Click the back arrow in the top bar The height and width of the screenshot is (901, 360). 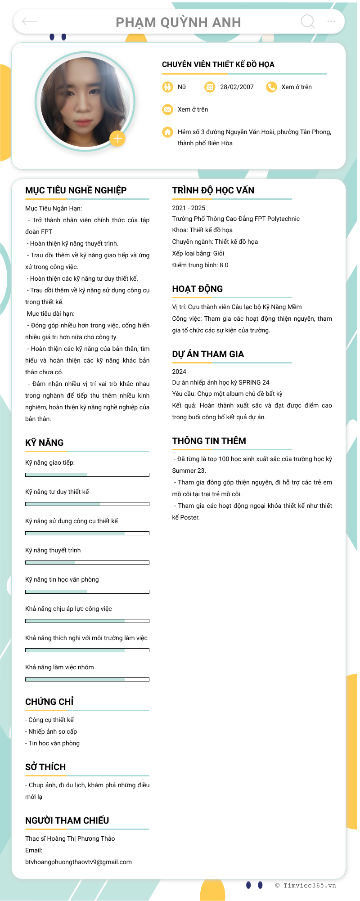(30, 21)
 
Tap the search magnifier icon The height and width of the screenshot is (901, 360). (308, 21)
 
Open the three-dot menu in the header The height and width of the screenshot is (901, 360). (331, 21)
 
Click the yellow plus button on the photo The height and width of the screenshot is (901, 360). (117, 139)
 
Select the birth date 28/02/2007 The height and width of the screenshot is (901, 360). (237, 87)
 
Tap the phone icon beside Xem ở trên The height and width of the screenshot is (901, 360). (271, 87)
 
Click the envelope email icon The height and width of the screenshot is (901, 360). (167, 109)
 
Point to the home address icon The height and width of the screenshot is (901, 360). (167, 132)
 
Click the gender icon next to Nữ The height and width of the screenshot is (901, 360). (167, 87)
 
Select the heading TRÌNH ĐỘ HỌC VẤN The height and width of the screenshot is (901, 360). (213, 190)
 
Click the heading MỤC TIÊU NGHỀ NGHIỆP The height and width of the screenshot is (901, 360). (76, 190)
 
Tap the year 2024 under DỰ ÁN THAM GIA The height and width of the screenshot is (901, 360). (179, 372)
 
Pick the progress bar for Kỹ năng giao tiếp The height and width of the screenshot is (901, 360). (87, 475)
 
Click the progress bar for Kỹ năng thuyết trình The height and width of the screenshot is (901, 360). (87, 562)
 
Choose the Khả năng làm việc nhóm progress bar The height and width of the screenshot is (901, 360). (87, 679)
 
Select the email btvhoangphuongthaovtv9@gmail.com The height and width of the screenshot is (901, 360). (78, 862)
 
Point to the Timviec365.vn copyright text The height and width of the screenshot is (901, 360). (306, 885)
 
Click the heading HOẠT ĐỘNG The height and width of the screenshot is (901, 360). (197, 289)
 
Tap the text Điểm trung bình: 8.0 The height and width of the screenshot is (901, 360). (200, 265)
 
